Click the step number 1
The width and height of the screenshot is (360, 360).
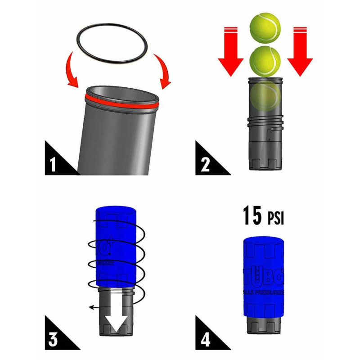(53, 163)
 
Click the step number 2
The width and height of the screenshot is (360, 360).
(205, 163)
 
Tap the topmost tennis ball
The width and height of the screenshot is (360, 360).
(265, 26)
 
